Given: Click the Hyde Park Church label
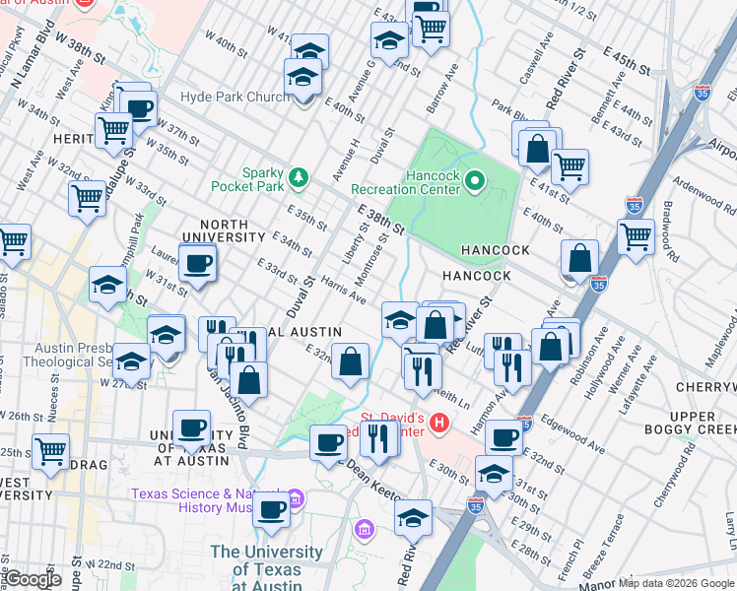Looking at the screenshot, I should tap(234, 98).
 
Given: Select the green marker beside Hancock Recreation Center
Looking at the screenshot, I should tap(475, 180).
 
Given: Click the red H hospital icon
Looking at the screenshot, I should tap(439, 424).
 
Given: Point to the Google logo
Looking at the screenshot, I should tap(33, 578).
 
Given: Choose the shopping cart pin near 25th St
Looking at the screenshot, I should tap(50, 453).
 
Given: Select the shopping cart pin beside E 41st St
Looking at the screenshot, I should tap(569, 168).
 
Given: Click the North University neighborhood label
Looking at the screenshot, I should tap(232, 237).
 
